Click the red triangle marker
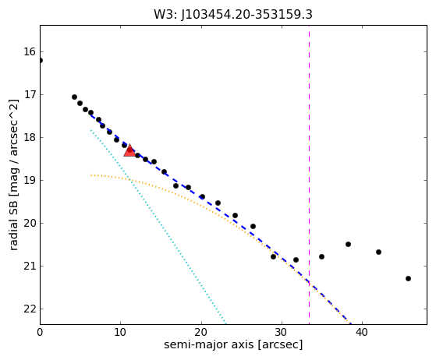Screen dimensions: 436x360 tap(129, 150)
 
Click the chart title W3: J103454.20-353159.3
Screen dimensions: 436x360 tap(233, 15)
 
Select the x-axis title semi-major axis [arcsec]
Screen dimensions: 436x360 tap(233, 344)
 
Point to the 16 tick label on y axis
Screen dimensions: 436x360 tap(30, 51)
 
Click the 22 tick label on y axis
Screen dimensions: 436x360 tap(30, 309)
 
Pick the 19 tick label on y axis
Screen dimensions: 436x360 tap(30, 180)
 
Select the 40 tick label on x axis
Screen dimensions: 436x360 tap(362, 332)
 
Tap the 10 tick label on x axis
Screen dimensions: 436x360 tap(120, 332)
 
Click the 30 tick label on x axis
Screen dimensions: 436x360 tap(282, 332)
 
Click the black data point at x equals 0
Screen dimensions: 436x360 tap(41, 60)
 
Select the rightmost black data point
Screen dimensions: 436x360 tap(408, 278)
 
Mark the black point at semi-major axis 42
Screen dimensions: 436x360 tap(378, 252)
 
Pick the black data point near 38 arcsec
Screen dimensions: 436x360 tap(348, 244)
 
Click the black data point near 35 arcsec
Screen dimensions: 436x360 tap(321, 256)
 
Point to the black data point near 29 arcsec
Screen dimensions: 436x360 tap(273, 256)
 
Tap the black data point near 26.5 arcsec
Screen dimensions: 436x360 tap(253, 227)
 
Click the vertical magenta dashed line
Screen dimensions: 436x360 tap(309, 175)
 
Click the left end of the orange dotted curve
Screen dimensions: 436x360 tap(91, 175)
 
